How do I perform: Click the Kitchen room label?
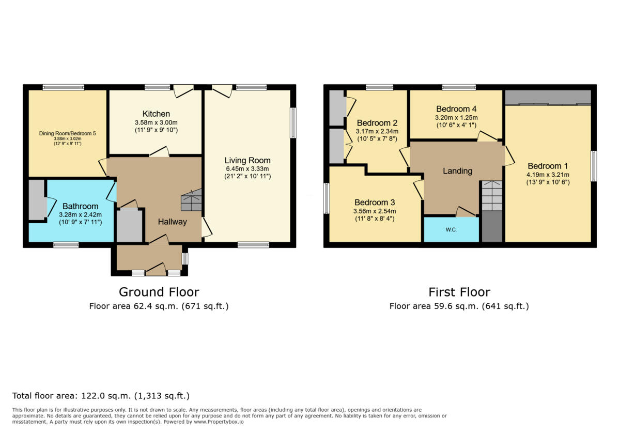[156, 114]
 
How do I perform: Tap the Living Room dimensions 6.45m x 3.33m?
[247, 168]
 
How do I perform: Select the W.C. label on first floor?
[451, 230]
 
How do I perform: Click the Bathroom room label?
[80, 206]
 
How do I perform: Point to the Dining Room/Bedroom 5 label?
[67, 133]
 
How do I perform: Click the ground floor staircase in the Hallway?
[191, 200]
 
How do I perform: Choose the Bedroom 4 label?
[456, 109]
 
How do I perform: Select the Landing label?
[457, 171]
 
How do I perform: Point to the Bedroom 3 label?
[375, 202]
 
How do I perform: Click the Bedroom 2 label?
[377, 123]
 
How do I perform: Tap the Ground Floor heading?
[159, 292]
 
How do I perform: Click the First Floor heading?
[459, 292]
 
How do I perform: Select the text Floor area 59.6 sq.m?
[435, 306]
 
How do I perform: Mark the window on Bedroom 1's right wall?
[593, 166]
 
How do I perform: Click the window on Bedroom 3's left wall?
[327, 198]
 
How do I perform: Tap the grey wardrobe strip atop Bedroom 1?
[548, 97]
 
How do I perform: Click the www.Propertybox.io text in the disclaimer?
[219, 422]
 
